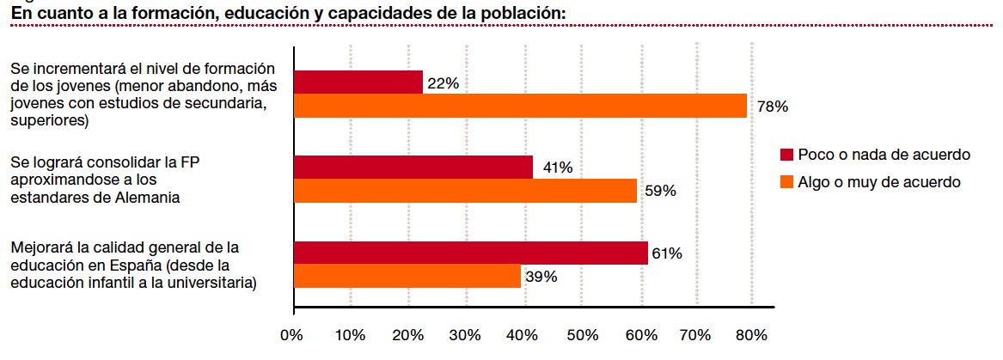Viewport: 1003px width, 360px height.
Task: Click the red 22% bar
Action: point(358,82)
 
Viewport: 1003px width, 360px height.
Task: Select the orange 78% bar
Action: point(520,106)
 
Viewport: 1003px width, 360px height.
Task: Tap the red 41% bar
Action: point(413,167)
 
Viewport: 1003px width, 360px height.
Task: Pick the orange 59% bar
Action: point(465,191)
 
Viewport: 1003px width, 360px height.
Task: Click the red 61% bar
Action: point(470,253)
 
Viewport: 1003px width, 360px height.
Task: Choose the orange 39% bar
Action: point(407,276)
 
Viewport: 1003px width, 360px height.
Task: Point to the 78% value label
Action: point(773,107)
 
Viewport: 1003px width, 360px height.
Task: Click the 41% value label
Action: point(558,168)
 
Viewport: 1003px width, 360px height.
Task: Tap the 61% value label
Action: point(667,253)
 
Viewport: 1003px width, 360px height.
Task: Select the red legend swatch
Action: point(786,155)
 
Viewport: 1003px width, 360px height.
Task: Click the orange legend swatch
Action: point(786,182)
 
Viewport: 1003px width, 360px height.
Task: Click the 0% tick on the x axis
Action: point(294,335)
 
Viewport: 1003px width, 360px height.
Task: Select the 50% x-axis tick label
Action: point(583,335)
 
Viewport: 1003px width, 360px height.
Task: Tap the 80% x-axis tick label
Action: point(752,335)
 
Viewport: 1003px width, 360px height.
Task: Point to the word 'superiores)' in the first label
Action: point(50,121)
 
